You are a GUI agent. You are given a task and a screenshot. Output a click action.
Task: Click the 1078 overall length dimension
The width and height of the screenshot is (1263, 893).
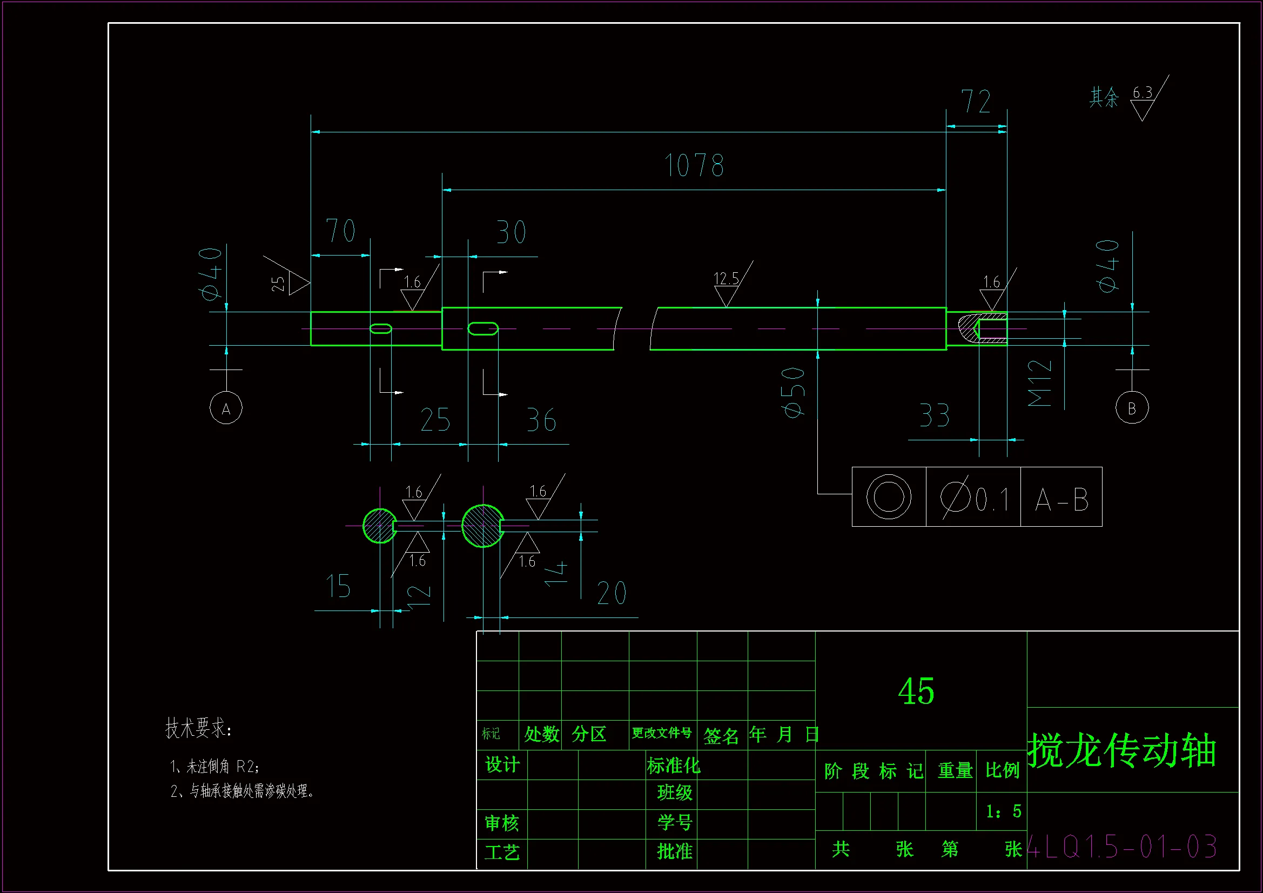coord(694,166)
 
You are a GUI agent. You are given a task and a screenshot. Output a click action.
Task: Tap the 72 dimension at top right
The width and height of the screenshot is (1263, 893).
coord(976,102)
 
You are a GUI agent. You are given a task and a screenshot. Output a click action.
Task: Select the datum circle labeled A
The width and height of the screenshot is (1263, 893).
coord(226,408)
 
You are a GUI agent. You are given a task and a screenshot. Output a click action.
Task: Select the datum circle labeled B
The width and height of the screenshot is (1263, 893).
coord(1132,408)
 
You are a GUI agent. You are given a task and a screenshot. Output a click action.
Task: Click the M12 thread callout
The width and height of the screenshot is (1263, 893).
coord(1040,384)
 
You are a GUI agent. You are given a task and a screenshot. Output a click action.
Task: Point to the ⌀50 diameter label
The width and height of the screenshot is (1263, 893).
coord(793,392)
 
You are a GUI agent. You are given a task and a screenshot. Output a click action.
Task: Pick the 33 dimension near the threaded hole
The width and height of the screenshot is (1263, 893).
coord(935,416)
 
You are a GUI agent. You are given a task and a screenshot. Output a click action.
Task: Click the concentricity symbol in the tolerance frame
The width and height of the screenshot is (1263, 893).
coord(889,497)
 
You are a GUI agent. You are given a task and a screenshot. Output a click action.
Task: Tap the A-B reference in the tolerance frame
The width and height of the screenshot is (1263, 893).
coord(1061,500)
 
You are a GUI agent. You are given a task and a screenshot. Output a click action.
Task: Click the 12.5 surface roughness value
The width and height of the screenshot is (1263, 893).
coord(725,279)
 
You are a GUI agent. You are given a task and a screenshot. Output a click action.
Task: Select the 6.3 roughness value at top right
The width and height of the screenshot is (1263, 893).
coord(1142,93)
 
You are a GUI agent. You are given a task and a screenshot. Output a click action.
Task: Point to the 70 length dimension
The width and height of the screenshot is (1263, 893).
coord(340,231)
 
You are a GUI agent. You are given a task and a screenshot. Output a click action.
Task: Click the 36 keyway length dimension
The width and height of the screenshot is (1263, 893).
coord(541,421)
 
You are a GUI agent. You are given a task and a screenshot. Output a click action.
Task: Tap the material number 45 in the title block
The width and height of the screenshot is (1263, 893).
coord(916,691)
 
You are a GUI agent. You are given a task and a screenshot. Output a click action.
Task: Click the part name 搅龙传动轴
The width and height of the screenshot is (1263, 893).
coord(1121,750)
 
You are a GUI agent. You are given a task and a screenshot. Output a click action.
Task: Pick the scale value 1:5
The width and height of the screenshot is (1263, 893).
coord(1003,811)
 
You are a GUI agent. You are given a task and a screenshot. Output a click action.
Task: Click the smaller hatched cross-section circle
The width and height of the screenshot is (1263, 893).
coord(380,526)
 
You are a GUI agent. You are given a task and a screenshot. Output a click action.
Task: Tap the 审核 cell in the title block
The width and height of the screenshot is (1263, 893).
coord(501,823)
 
